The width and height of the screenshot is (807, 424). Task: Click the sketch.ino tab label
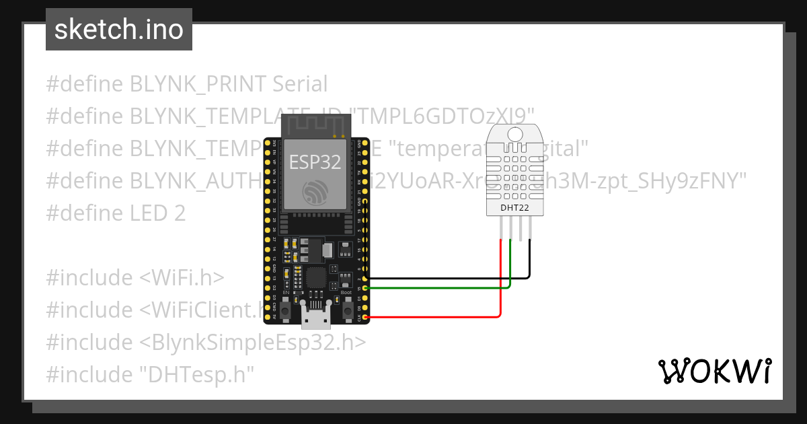click(x=118, y=30)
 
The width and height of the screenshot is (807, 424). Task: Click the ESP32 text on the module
click(x=314, y=162)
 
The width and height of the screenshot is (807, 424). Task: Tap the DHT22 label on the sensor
click(x=514, y=208)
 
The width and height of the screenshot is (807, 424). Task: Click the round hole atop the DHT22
click(x=514, y=133)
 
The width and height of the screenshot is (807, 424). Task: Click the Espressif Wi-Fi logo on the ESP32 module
click(x=314, y=193)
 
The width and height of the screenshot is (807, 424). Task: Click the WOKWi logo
click(x=714, y=371)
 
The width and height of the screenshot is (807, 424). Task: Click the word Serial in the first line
click(x=300, y=84)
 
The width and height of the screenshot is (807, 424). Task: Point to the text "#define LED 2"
click(x=116, y=213)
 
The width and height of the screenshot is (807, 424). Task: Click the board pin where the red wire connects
click(x=364, y=316)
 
